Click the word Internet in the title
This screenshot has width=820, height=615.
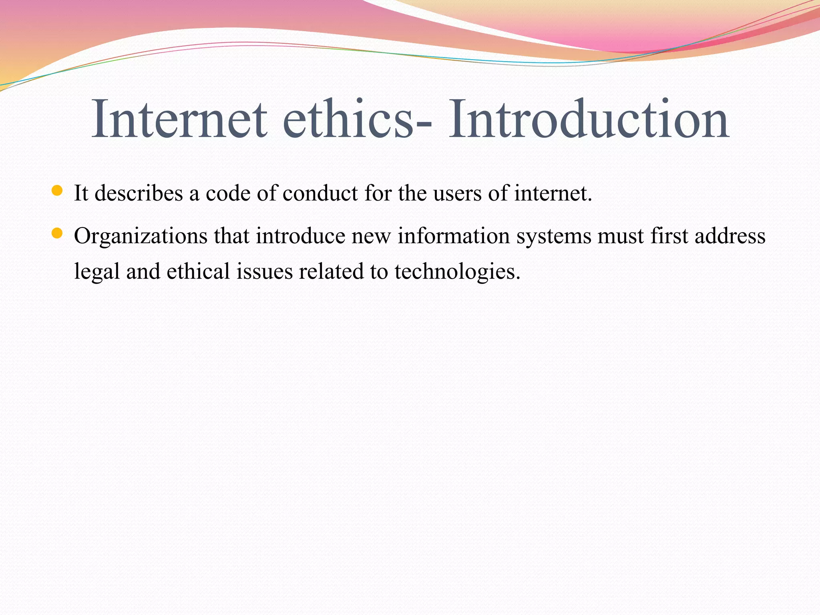[x=179, y=119]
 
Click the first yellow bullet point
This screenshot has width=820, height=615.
[x=57, y=191]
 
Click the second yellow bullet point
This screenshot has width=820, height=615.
[x=57, y=233]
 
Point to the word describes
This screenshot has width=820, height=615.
[x=139, y=193]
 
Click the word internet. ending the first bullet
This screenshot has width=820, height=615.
[x=553, y=193]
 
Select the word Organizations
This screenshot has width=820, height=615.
[x=141, y=236]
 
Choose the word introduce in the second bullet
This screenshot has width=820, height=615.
[x=301, y=235]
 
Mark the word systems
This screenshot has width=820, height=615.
[x=554, y=236]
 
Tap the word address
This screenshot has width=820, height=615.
[x=730, y=235]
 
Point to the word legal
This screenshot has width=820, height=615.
[x=97, y=271]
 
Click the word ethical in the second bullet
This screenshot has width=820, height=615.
[x=198, y=271]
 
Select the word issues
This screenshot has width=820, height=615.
[x=264, y=271]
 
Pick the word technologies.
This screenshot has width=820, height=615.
[x=457, y=271]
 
